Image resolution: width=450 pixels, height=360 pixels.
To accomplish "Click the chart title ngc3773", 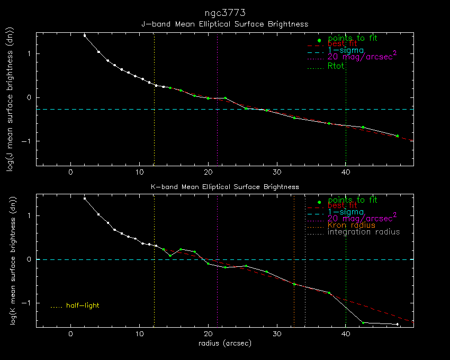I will pos(224,12).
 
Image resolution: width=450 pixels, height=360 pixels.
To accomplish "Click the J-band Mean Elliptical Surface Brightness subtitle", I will pos(224,24).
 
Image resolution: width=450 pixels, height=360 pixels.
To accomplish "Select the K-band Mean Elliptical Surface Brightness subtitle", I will pos(224,187).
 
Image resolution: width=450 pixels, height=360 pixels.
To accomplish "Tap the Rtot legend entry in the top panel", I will pos(337,66).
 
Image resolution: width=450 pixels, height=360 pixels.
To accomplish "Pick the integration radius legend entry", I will pos(364,232).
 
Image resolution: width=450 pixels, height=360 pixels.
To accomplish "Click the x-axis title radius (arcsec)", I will pos(224,344).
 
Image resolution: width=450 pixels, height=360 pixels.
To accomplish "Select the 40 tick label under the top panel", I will pos(346,172).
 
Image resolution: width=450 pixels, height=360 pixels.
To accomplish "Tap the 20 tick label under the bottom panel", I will pos(208,334).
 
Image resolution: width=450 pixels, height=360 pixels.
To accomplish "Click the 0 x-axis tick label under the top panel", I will pos(71,172).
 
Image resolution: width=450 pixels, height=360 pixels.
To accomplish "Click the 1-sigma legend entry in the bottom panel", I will pos(346,212).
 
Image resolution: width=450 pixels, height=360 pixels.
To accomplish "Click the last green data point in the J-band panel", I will pos(397,136).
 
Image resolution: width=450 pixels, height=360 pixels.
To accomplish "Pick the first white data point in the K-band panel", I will pos(85,199).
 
